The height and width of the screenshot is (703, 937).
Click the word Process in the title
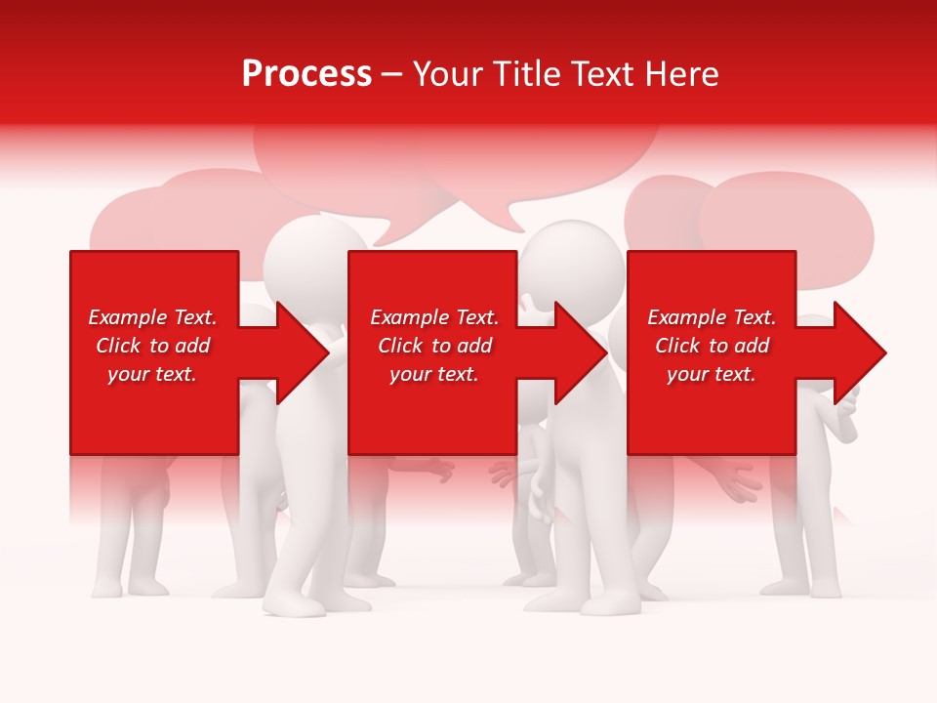point(306,74)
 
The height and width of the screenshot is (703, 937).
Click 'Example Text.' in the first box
point(152,317)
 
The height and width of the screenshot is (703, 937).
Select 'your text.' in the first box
point(152,374)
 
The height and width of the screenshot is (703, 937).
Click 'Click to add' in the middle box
point(434,346)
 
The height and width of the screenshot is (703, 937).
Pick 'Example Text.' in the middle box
point(434,317)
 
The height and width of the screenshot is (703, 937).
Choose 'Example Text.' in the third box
point(712,317)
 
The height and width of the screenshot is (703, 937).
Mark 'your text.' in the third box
point(712,374)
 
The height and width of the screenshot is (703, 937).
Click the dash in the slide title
point(391,74)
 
